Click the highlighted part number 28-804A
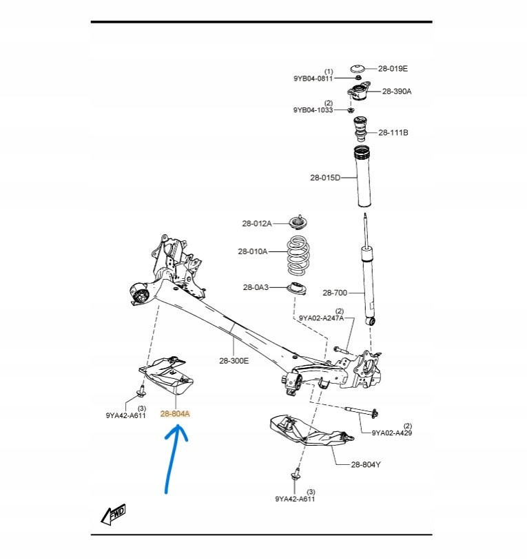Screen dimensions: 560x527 (x=175, y=414)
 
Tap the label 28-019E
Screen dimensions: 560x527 (x=393, y=68)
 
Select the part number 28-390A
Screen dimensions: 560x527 (x=397, y=91)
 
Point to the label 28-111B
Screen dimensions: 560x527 (x=393, y=132)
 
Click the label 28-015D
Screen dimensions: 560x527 (x=325, y=178)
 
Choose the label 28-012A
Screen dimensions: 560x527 (x=257, y=223)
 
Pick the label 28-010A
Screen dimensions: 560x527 (x=253, y=251)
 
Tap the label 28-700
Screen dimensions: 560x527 (x=335, y=293)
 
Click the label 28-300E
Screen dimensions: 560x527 (x=234, y=360)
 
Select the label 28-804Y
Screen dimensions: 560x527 (x=366, y=464)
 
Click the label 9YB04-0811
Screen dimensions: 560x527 (x=313, y=79)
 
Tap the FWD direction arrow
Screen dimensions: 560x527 (x=114, y=513)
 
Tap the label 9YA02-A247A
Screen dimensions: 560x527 (x=321, y=318)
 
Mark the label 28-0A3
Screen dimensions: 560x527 (x=256, y=287)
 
